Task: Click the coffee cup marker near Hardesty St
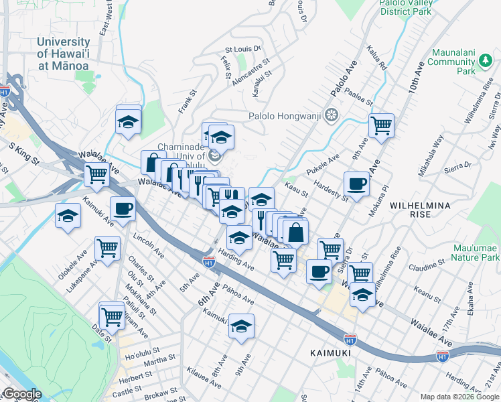click(x=356, y=183)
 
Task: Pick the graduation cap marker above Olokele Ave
click(x=68, y=216)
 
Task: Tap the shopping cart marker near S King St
click(x=96, y=174)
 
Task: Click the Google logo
click(x=23, y=394)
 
